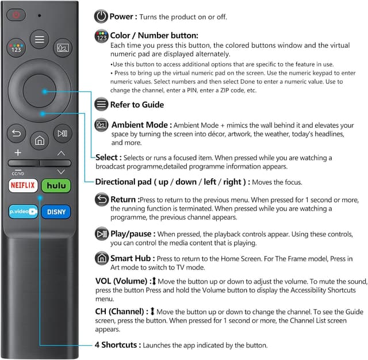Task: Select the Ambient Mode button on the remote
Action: pos(62,48)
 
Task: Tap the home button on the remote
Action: pos(39,140)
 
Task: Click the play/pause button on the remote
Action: pos(62,134)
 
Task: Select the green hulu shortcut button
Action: pos(56,186)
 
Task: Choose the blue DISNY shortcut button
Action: pos(56,211)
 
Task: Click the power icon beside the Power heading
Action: pos(101,17)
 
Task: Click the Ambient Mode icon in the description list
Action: pos(101,125)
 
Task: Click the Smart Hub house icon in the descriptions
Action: pos(101,258)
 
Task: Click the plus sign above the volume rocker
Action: pos(18,153)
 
